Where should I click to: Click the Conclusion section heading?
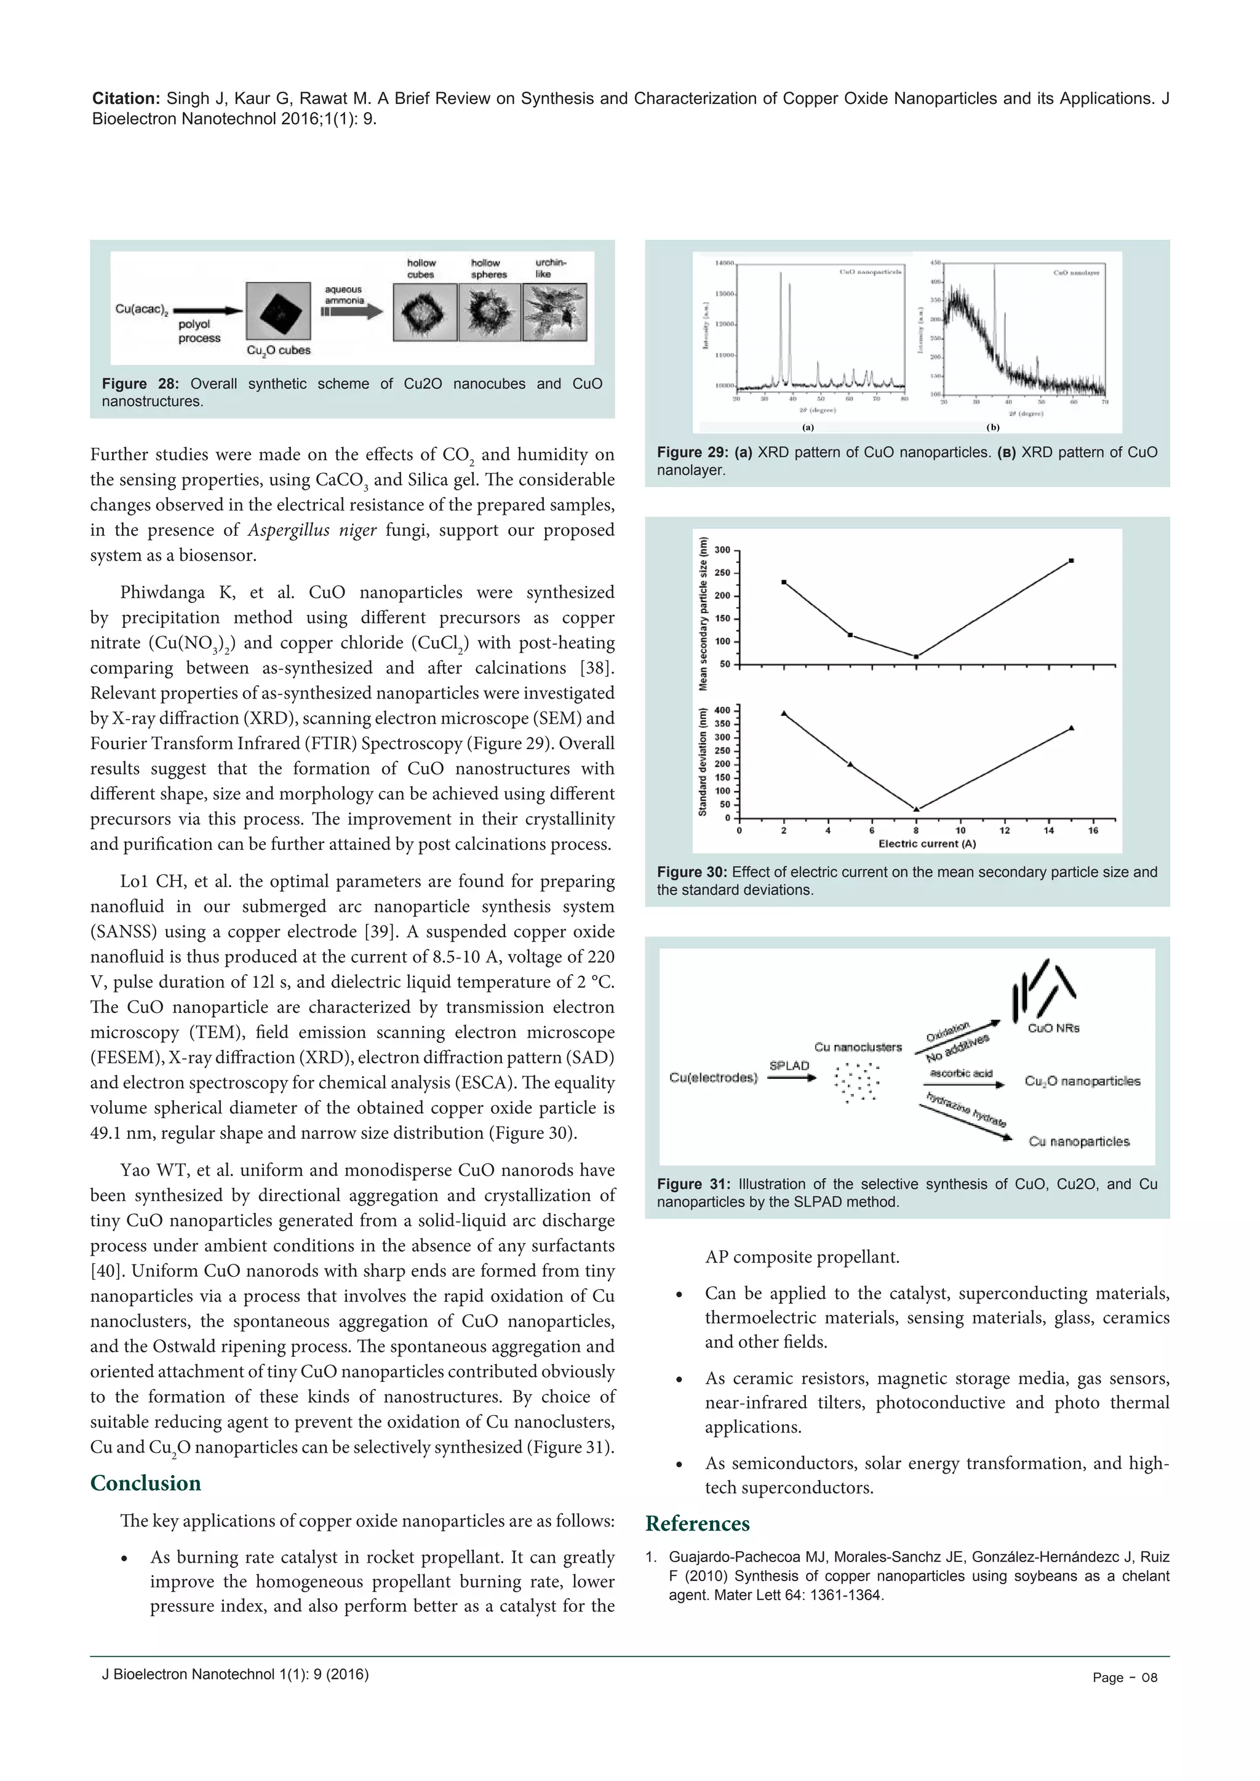145,1483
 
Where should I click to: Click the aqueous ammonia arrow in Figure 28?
353,312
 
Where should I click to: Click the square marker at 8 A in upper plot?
916,657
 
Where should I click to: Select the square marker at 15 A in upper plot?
1072,560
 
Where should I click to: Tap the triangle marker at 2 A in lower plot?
784,713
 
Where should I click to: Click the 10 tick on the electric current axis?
960,831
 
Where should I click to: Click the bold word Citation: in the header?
127,98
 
